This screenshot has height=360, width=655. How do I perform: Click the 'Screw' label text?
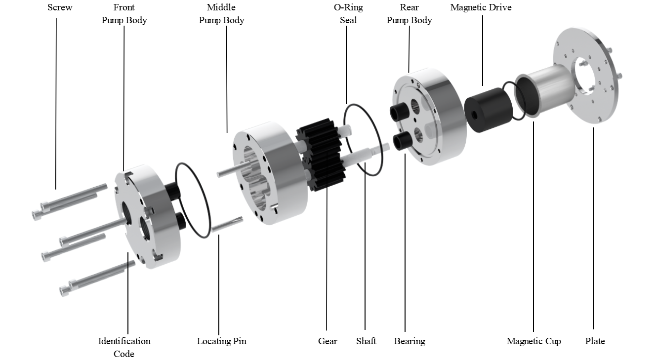(60, 7)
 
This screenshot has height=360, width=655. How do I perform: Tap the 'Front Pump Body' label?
(124, 14)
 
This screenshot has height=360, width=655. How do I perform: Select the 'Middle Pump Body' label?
(221, 14)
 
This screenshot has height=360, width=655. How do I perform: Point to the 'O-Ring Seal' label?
(348, 14)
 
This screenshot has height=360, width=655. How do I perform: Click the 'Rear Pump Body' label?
(409, 14)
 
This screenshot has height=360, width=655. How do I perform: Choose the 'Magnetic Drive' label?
(481, 7)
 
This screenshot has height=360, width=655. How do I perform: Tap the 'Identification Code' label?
(124, 347)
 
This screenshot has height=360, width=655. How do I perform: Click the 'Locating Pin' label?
(221, 341)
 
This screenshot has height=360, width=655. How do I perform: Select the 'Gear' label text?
(327, 341)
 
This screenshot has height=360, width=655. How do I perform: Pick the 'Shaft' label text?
(366, 341)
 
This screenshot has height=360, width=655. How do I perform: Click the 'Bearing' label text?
(409, 341)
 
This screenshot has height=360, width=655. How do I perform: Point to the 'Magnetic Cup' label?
(533, 341)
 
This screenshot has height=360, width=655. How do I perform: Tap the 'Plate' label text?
(595, 341)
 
